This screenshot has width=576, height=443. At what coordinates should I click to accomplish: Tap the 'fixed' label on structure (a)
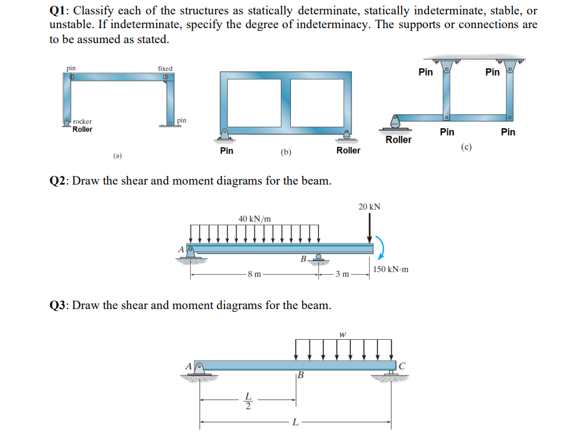pyautogui.click(x=165, y=68)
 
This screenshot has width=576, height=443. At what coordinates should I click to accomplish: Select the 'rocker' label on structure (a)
pyautogui.click(x=83, y=121)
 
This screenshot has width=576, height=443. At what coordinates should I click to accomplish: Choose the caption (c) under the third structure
pyautogui.click(x=466, y=147)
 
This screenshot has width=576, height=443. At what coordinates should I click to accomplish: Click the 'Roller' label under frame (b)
pyautogui.click(x=348, y=150)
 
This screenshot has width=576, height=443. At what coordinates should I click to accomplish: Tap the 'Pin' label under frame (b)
pyautogui.click(x=227, y=151)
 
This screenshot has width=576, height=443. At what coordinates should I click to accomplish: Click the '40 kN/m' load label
pyautogui.click(x=255, y=218)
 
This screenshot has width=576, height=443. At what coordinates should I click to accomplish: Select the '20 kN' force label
pyautogui.click(x=370, y=206)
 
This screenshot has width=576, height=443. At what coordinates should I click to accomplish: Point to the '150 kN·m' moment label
pyautogui.click(x=391, y=269)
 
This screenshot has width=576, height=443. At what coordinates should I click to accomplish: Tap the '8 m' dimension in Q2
pyautogui.click(x=254, y=274)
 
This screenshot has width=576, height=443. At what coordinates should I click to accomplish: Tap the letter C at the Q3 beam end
pyautogui.click(x=402, y=365)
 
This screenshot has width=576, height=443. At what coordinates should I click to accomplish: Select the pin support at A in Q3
pyautogui.click(x=200, y=369)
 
